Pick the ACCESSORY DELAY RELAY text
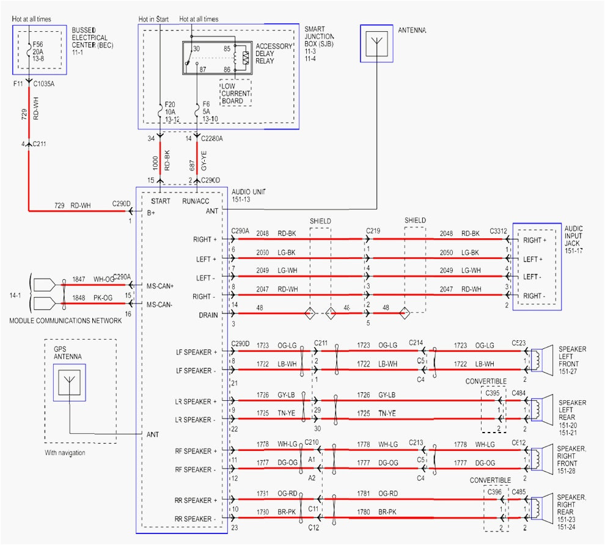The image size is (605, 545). pyautogui.click(x=273, y=54)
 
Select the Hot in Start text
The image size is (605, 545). pyautogui.click(x=153, y=20)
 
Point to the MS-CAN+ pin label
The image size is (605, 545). pyautogui.click(x=160, y=286)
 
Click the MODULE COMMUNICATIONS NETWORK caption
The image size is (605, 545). pyautogui.click(x=61, y=321)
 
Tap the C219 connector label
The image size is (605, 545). pyautogui.click(x=373, y=230)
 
